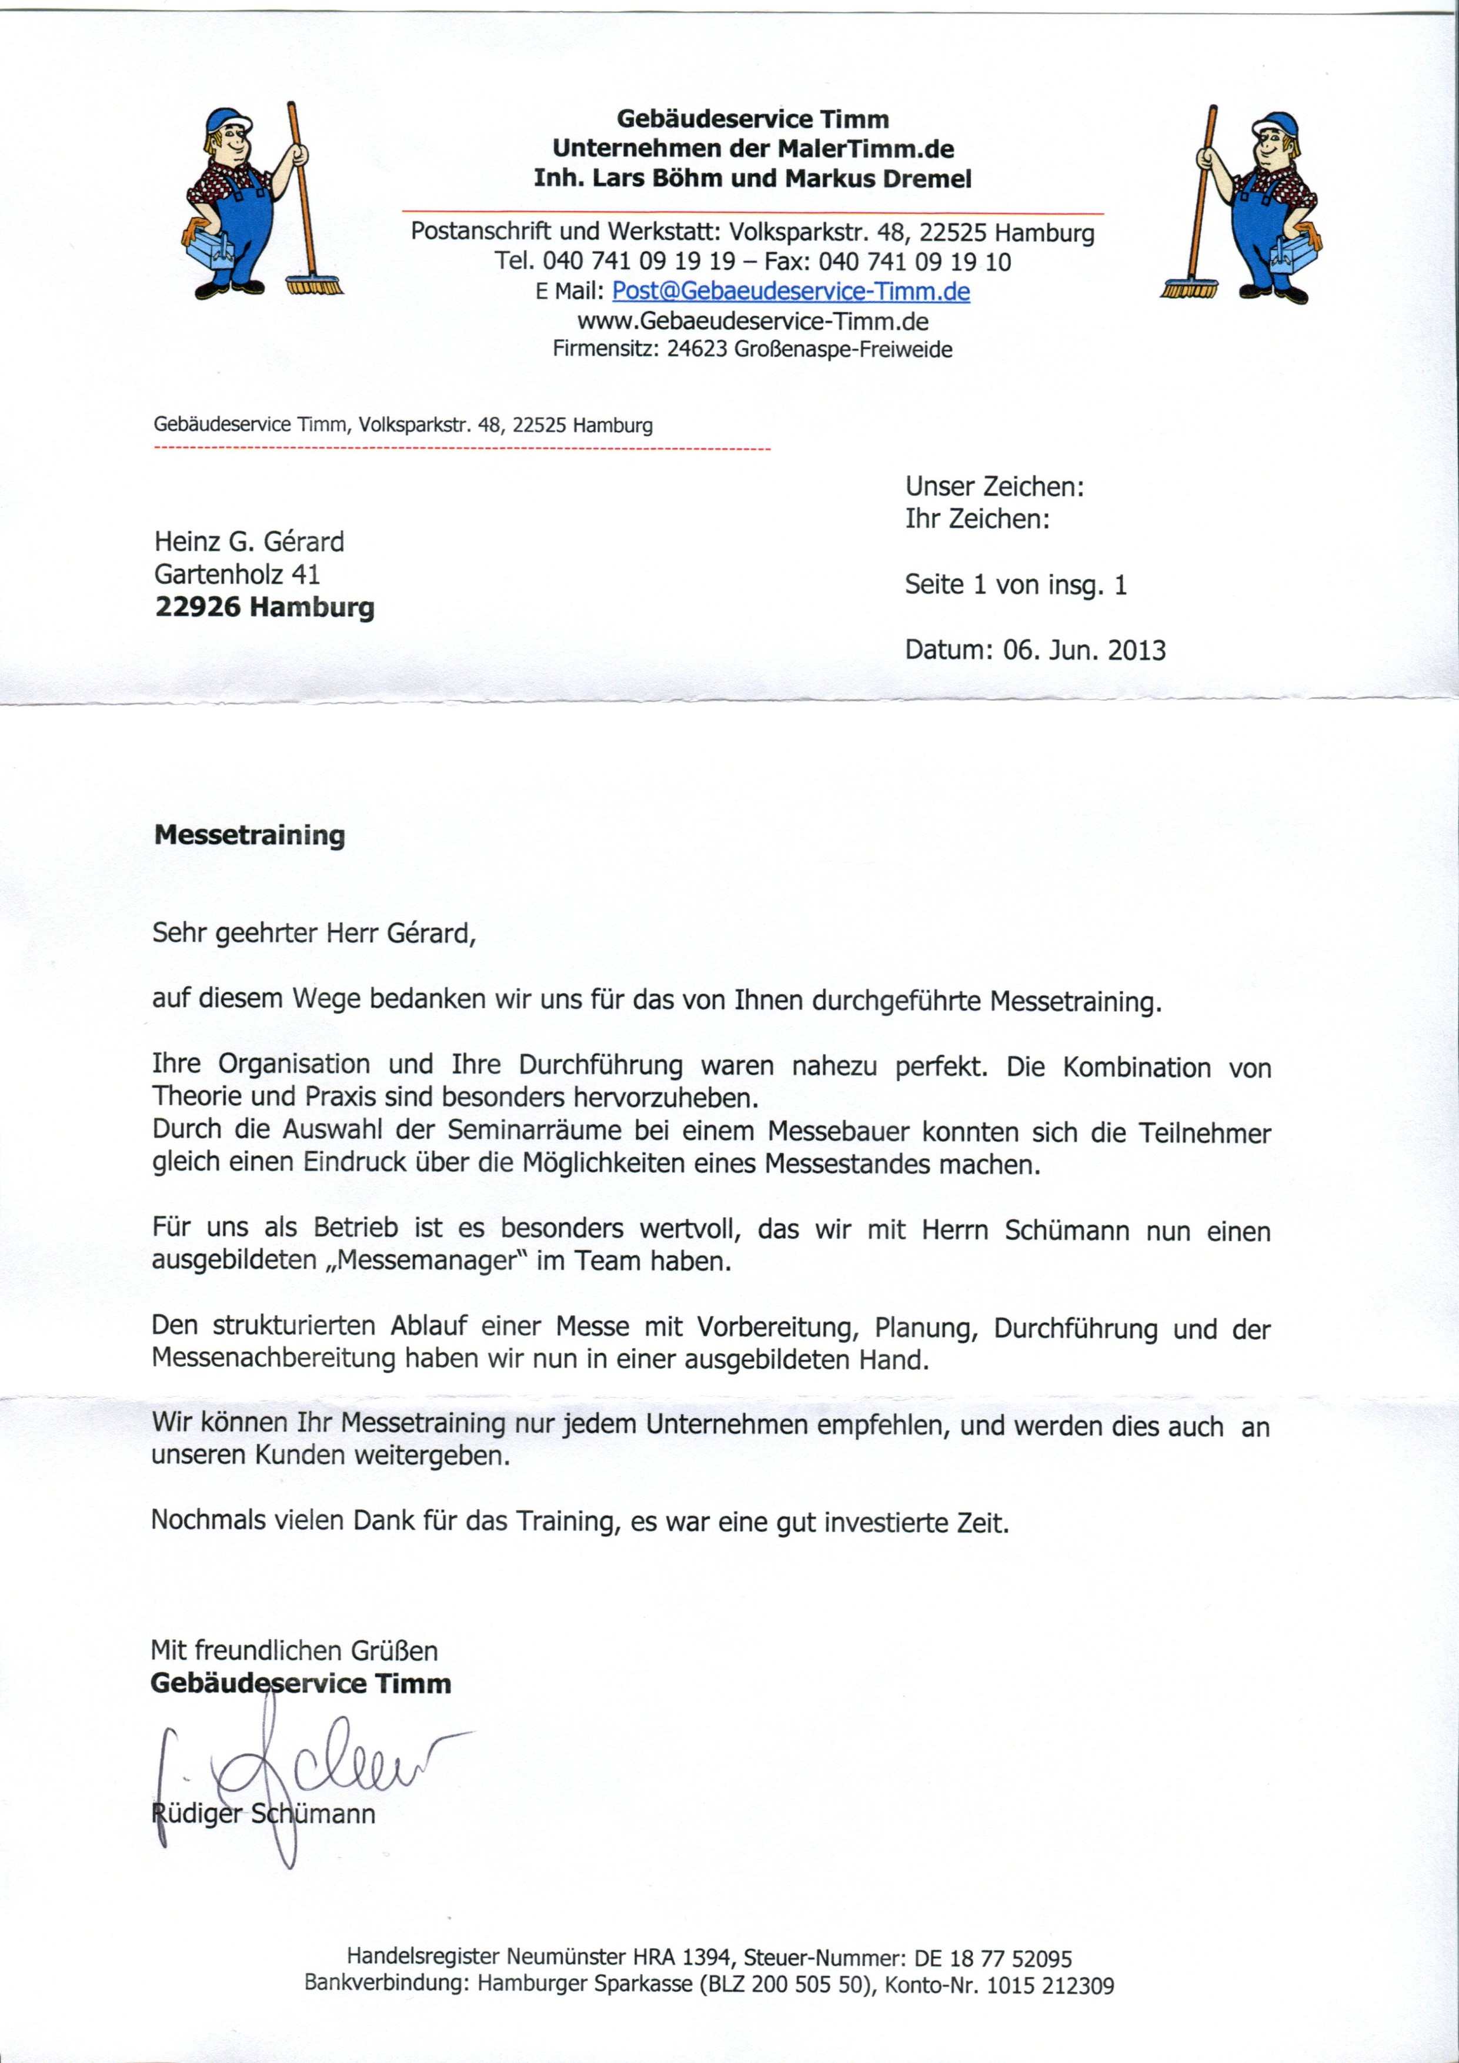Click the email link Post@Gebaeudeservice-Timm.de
(x=790, y=292)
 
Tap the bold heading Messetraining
(x=250, y=835)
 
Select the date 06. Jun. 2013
(x=1084, y=650)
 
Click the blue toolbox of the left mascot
(x=209, y=243)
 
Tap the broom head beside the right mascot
(x=1188, y=289)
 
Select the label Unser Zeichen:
(x=994, y=487)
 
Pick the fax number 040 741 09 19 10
(x=914, y=262)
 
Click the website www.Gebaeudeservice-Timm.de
(x=752, y=322)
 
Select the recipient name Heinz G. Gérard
(x=249, y=542)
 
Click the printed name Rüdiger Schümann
(x=262, y=1813)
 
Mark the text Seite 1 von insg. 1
(x=1016, y=586)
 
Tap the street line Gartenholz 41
(x=236, y=574)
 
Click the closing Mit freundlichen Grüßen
(x=294, y=1651)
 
